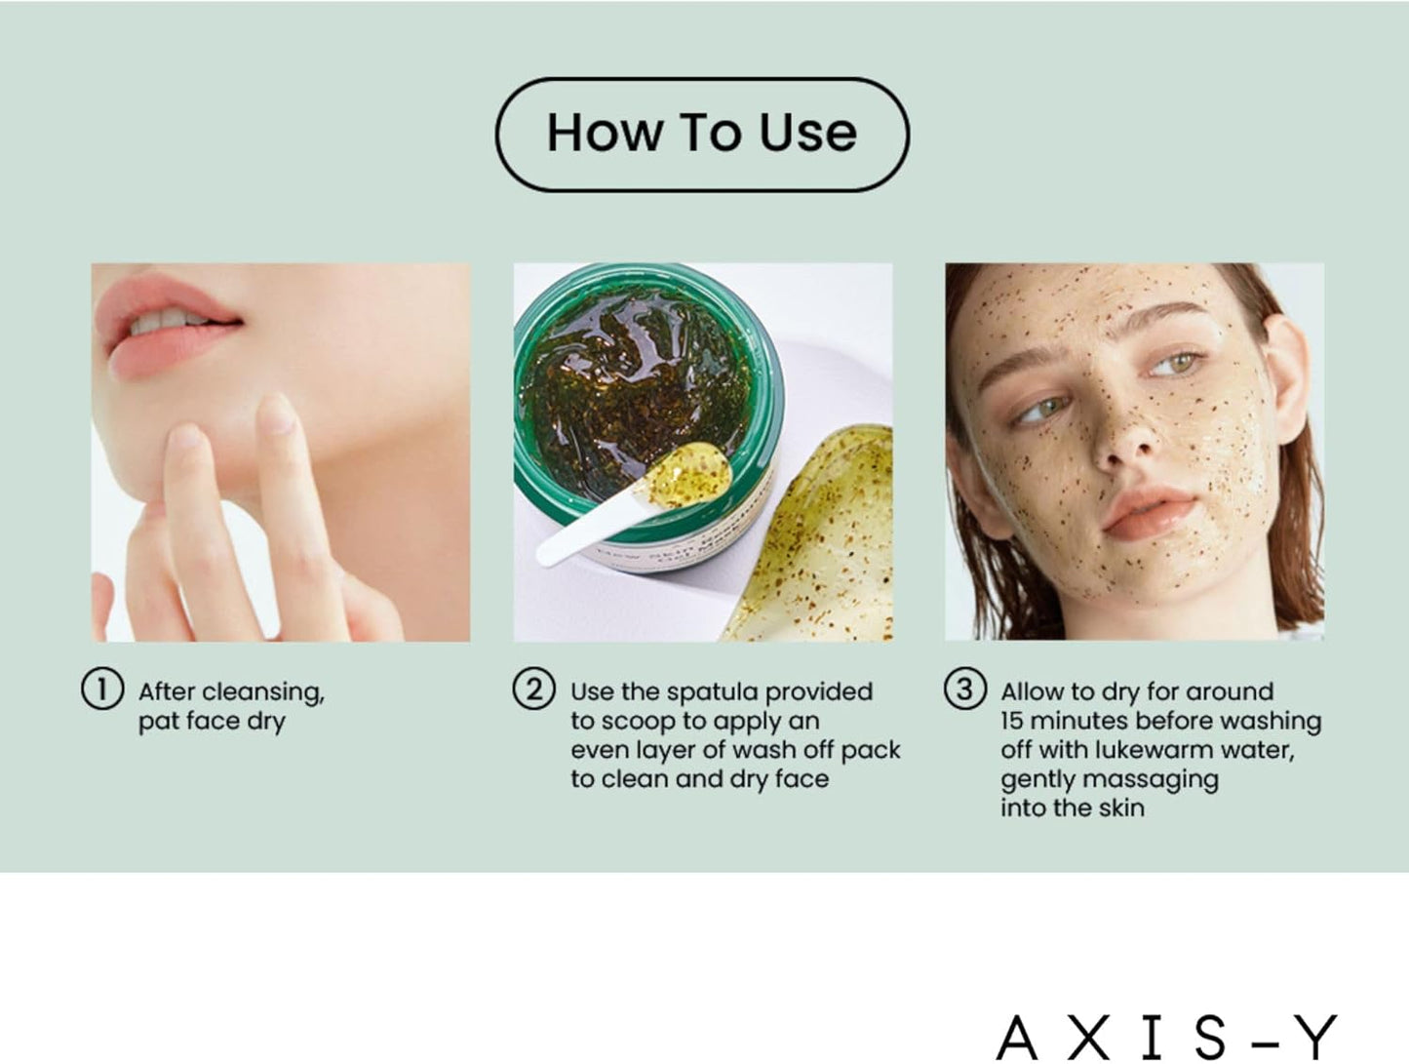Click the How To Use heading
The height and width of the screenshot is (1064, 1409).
pyautogui.click(x=702, y=133)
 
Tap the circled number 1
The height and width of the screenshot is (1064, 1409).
pyautogui.click(x=102, y=690)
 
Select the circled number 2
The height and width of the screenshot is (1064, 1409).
pyautogui.click(x=533, y=689)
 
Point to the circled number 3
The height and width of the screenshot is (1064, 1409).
pyautogui.click(x=964, y=689)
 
